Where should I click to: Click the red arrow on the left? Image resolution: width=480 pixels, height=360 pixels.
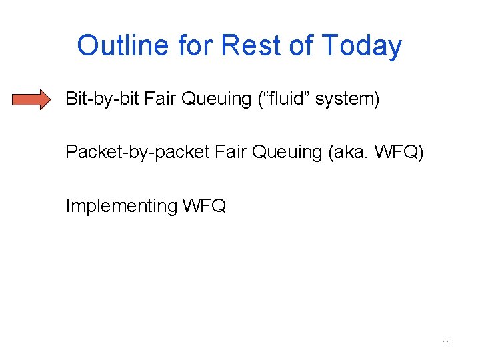pyautogui.click(x=31, y=99)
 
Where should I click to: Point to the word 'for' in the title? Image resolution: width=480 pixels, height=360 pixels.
pyautogui.click(x=195, y=45)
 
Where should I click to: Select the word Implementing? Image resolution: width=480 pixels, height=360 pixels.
pyautogui.click(x=121, y=206)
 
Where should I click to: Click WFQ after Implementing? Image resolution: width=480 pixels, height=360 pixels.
pyautogui.click(x=204, y=206)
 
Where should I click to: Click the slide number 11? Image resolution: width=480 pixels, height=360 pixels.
pyautogui.click(x=446, y=343)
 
